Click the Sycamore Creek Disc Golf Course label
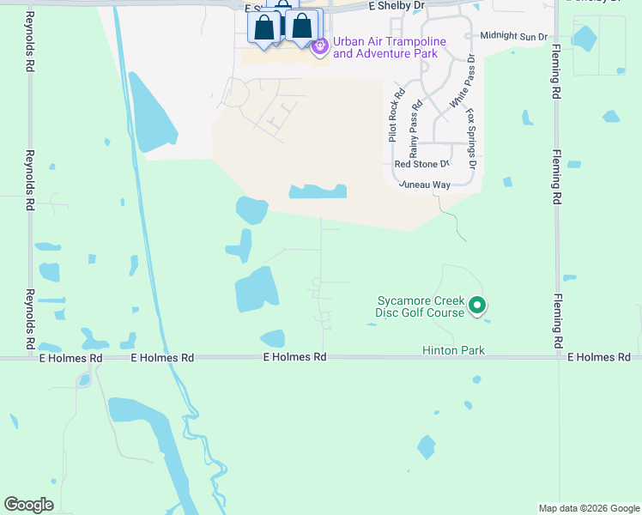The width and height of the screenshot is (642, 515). click(x=420, y=306)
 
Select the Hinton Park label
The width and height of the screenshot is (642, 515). click(x=453, y=350)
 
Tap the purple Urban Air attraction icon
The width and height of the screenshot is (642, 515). click(x=320, y=45)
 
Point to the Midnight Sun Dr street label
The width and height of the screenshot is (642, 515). click(x=513, y=36)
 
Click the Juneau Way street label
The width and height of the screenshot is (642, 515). click(x=423, y=185)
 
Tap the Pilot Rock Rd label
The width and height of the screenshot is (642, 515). click(x=396, y=117)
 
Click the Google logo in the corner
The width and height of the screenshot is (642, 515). click(x=28, y=505)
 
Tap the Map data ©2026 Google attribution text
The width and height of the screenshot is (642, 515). click(x=588, y=508)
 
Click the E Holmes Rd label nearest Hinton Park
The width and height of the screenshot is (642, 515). click(x=294, y=357)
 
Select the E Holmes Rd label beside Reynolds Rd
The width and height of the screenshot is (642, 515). click(x=70, y=357)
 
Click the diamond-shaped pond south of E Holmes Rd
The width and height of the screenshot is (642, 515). click(x=426, y=447)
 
